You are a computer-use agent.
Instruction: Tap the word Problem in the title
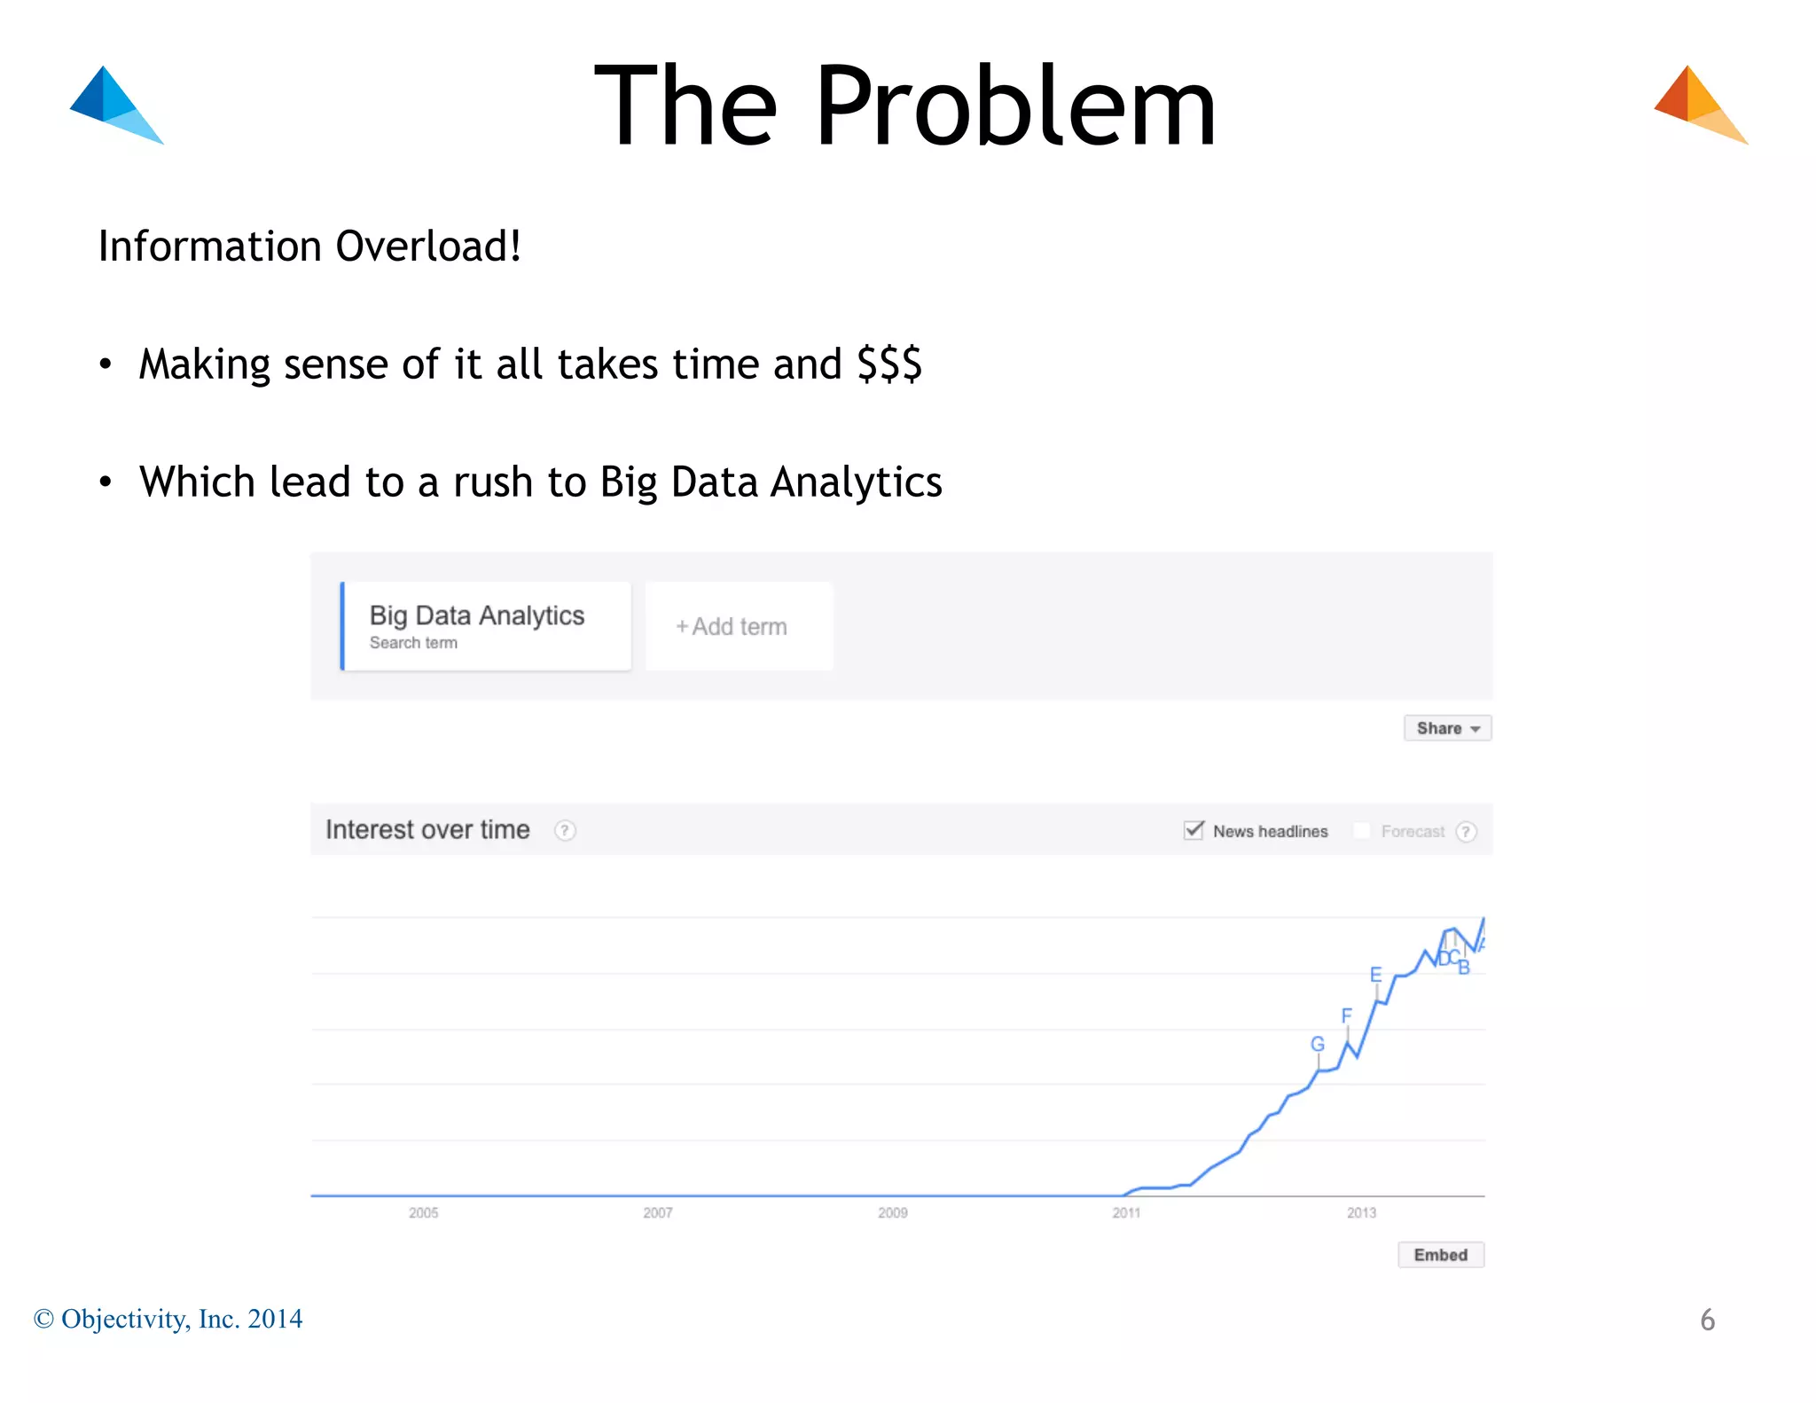1015,106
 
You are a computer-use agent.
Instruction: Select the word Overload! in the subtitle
428,247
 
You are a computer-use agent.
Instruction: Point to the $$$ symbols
889,364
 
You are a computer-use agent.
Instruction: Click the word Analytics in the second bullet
856,482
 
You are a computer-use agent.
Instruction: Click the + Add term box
739,626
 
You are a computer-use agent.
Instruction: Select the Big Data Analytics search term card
486,626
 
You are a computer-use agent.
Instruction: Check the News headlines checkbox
1194,830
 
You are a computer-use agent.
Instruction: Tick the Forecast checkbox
1362,831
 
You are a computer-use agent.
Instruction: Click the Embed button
1440,1255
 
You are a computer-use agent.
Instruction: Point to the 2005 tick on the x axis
424,1212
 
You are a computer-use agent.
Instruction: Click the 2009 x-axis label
892,1212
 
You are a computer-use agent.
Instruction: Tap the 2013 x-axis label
1361,1212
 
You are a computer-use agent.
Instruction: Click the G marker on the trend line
1318,1045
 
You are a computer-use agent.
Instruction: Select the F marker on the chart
1346,1016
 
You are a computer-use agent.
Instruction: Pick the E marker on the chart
1375,976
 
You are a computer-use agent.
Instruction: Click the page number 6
1707,1320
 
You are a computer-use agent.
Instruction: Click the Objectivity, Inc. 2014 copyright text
168,1319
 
